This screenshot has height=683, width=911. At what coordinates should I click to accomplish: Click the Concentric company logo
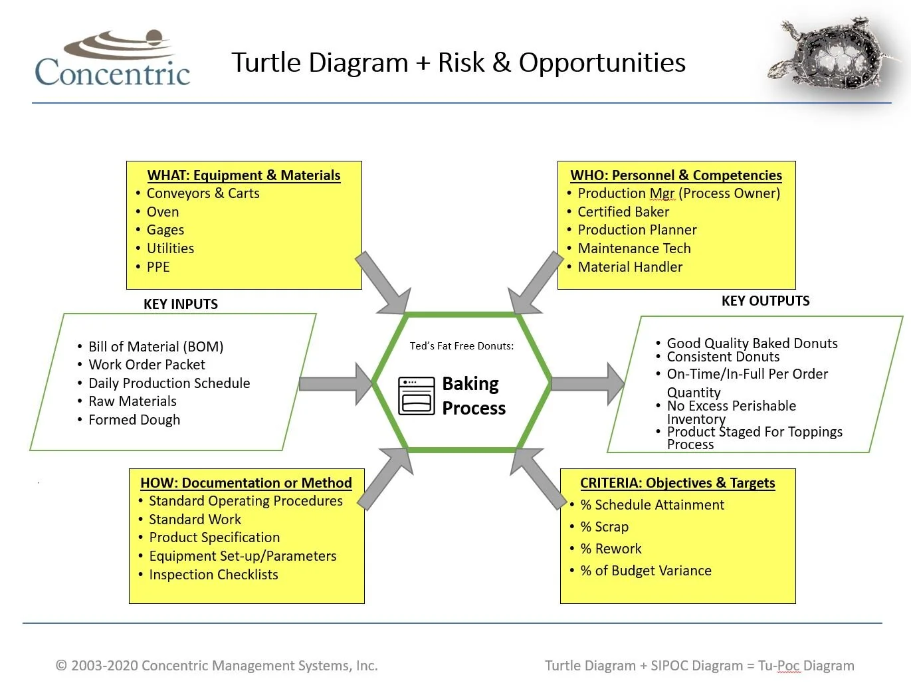[x=112, y=60]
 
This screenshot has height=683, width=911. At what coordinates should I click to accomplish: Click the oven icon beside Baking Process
[x=417, y=396]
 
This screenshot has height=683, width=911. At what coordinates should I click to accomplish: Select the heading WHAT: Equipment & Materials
[x=243, y=175]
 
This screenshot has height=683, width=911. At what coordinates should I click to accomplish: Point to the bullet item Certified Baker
[x=623, y=212]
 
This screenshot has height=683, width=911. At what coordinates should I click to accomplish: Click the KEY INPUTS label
[x=181, y=304]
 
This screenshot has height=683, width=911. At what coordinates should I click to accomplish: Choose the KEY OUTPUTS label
[x=765, y=301]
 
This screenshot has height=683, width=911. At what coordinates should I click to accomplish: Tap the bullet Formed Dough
[x=134, y=420]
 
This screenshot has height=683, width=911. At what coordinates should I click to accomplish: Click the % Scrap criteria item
[x=604, y=527]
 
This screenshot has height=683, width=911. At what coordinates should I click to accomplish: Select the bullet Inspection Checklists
[x=213, y=575]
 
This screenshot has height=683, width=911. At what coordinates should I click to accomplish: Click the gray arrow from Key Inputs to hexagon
[x=336, y=384]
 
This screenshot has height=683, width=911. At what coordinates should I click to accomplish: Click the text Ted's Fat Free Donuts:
[x=461, y=346]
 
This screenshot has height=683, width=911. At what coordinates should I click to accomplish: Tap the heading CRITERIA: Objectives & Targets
[x=677, y=483]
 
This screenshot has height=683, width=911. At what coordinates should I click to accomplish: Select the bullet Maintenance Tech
[x=634, y=248]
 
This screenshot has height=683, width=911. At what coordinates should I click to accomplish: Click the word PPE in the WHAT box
[x=158, y=267]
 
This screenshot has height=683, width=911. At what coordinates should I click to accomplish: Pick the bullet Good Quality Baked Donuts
[x=752, y=343]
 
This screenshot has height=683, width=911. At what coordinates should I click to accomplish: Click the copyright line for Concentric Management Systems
[x=217, y=666]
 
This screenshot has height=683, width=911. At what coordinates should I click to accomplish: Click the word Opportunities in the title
[x=602, y=62]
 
